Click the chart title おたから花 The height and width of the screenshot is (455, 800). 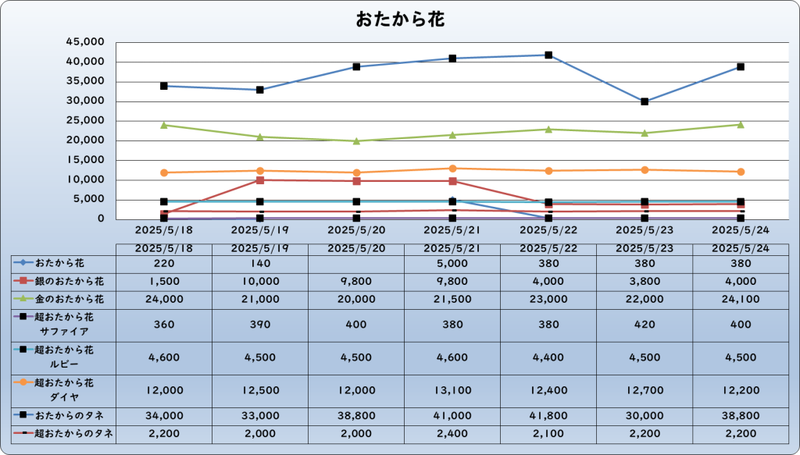tap(400, 20)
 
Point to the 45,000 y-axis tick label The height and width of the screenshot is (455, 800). tap(85, 42)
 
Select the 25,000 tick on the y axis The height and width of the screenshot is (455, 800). tap(85, 121)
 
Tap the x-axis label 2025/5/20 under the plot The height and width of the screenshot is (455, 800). tap(356, 230)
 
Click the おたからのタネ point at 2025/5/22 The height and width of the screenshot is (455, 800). tap(548, 55)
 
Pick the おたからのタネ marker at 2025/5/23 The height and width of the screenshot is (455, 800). tap(645, 102)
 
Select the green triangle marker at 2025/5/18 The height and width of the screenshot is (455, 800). tap(164, 125)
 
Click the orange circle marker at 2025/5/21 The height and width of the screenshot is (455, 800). tap(452, 168)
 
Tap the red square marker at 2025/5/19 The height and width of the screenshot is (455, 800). tap(260, 180)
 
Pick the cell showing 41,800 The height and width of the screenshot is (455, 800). tap(548, 416)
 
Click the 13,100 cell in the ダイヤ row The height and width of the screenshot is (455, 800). tap(452, 391)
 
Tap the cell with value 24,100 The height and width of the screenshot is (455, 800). tap(741, 300)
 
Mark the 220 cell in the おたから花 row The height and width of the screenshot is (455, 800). tap(164, 264)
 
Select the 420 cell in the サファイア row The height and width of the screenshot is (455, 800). tap(645, 325)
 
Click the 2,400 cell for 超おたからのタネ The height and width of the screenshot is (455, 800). tap(452, 434)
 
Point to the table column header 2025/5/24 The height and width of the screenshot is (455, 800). tap(741, 249)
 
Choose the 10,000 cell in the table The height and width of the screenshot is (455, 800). tap(260, 282)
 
